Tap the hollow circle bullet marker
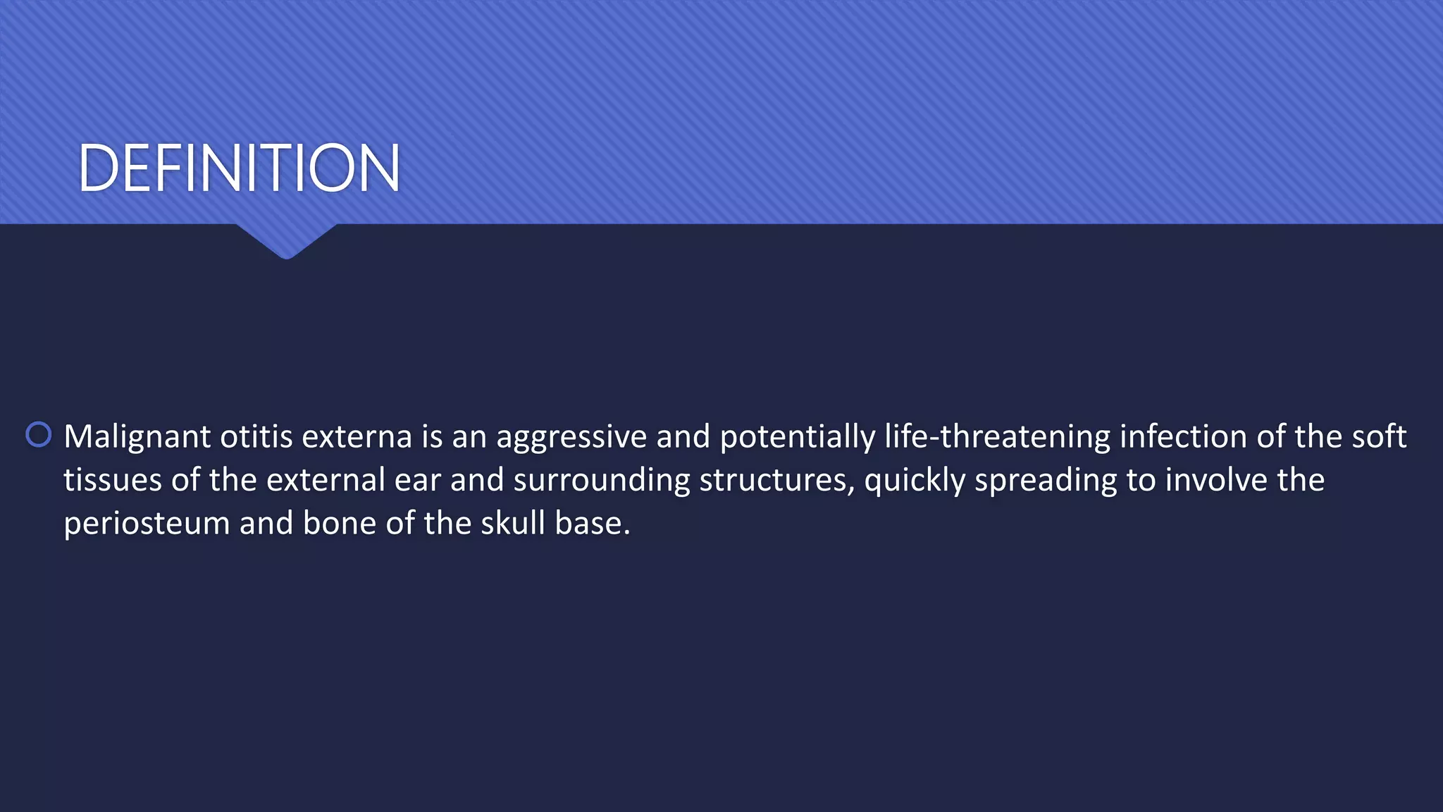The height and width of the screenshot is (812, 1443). pyautogui.click(x=39, y=435)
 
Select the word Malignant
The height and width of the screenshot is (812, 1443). pyautogui.click(x=137, y=437)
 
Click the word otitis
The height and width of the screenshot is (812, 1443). pyautogui.click(x=256, y=437)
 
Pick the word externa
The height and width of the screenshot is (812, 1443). pyautogui.click(x=357, y=437)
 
